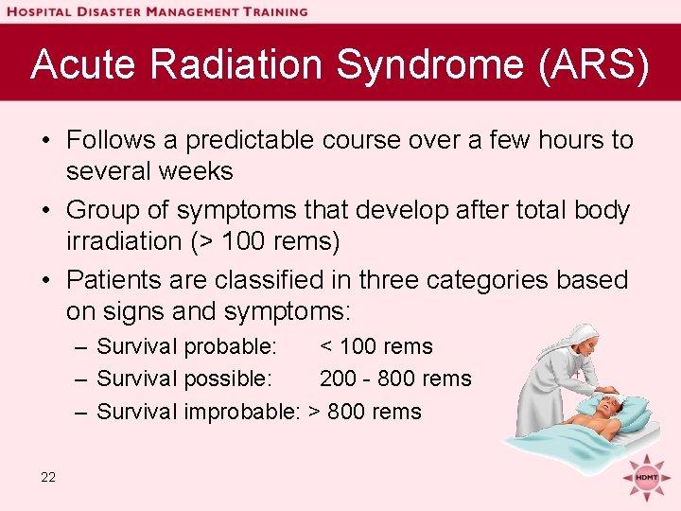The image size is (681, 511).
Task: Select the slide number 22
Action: coord(48,477)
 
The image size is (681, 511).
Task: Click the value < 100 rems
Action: coord(375,346)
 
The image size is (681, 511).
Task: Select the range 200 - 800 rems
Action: coord(394,379)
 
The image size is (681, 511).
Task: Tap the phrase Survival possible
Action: coord(184,379)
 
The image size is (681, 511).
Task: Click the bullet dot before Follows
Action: coord(45,141)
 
